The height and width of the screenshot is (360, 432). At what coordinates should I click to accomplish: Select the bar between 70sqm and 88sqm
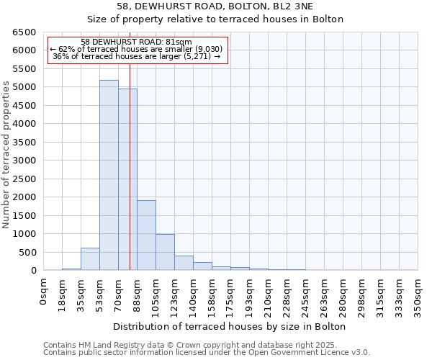pyautogui.click(x=127, y=179)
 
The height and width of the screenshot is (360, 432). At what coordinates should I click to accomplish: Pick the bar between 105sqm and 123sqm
pyautogui.click(x=165, y=252)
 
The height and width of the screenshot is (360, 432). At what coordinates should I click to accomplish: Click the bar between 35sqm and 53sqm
pyautogui.click(x=90, y=259)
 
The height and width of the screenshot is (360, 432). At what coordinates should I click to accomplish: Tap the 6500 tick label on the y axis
pyautogui.click(x=24, y=32)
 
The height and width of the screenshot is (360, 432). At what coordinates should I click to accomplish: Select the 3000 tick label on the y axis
pyautogui.click(x=24, y=161)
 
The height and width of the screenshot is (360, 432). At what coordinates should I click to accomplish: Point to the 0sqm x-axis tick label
pyautogui.click(x=44, y=292)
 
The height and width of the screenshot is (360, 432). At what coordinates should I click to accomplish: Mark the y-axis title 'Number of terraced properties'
pyautogui.click(x=7, y=155)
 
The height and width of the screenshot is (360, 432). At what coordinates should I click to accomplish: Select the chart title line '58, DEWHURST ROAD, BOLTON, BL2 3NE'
pyautogui.click(x=215, y=6)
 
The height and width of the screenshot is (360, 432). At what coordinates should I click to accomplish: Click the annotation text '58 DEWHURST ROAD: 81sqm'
pyautogui.click(x=137, y=42)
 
